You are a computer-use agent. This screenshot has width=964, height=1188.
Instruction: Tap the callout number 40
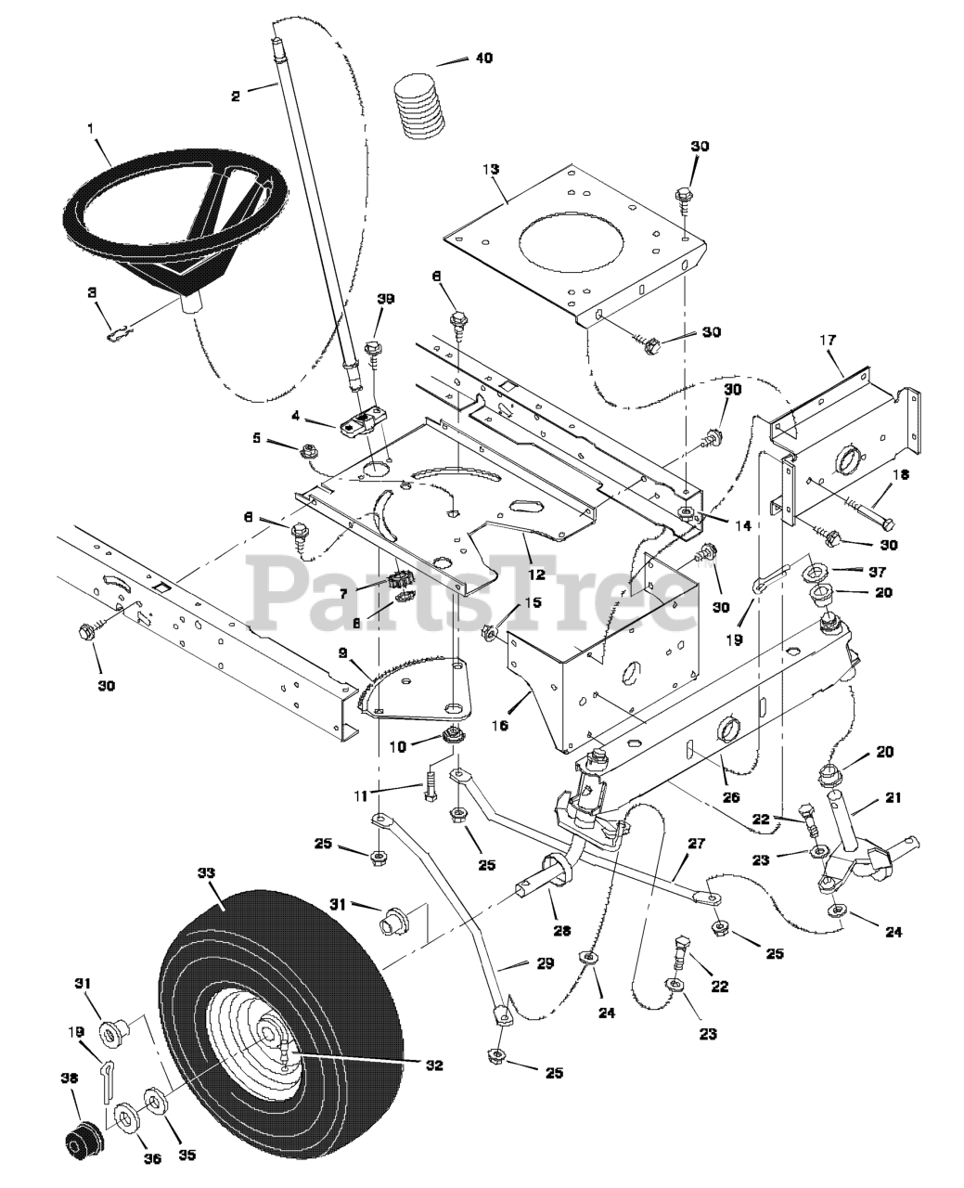point(484,58)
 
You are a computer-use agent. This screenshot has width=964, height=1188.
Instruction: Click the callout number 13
point(491,169)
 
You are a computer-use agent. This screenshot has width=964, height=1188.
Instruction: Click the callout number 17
point(828,339)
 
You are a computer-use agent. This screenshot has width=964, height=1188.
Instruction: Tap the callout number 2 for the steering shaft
point(236,96)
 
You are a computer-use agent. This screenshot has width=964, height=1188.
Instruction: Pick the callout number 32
point(434,1065)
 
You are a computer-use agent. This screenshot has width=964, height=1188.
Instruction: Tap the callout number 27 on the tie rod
point(697,844)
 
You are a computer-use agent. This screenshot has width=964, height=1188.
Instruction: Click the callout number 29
point(546,963)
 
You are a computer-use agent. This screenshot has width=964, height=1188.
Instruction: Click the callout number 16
point(500,726)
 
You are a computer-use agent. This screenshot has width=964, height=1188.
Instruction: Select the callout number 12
point(536,573)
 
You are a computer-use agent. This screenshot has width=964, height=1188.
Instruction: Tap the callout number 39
point(385,299)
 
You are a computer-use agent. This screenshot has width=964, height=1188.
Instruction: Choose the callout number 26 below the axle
point(730,797)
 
